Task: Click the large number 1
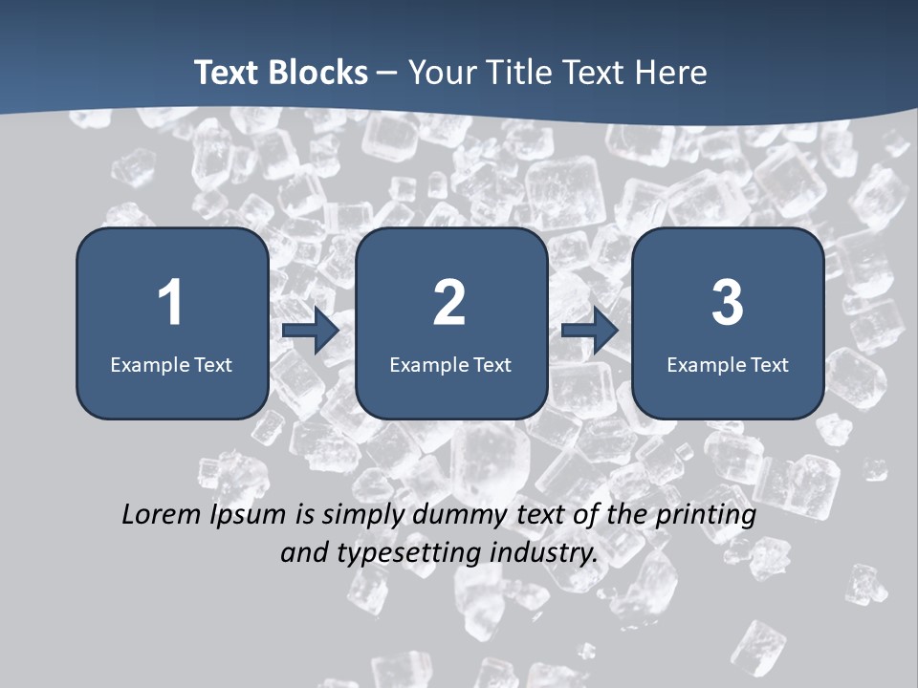click(x=170, y=303)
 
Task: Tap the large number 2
click(x=449, y=303)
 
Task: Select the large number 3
click(x=728, y=303)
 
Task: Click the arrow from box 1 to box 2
click(x=311, y=331)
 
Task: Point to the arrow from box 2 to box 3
click(x=590, y=331)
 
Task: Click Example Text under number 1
click(x=171, y=364)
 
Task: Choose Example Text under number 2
click(x=450, y=364)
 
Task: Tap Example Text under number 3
click(x=728, y=364)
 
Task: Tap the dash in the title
click(x=387, y=74)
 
